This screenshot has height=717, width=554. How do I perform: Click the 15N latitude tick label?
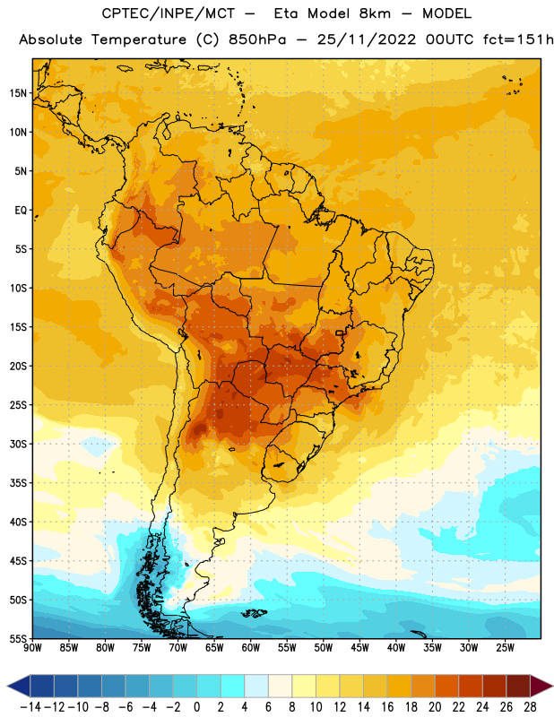(x=17, y=93)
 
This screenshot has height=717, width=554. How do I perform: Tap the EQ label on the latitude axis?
(x=21, y=211)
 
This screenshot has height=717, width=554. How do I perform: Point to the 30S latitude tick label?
(x=18, y=444)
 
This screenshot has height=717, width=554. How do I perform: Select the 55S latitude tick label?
(x=18, y=638)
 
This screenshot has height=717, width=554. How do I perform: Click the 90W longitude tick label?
(x=32, y=648)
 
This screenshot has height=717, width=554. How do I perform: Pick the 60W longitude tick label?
(x=251, y=648)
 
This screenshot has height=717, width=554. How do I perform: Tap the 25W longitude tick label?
(x=505, y=648)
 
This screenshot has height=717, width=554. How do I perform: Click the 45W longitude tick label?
(x=359, y=648)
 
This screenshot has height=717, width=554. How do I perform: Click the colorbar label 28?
(x=530, y=707)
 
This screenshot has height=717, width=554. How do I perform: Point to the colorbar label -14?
(x=30, y=707)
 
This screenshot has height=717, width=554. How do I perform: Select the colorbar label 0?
(x=196, y=707)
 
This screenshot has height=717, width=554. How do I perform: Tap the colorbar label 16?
(x=387, y=707)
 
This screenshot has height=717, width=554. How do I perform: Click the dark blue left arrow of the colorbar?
(x=19, y=686)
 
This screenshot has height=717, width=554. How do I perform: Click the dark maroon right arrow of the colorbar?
(x=541, y=686)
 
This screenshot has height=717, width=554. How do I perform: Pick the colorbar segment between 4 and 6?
(x=256, y=686)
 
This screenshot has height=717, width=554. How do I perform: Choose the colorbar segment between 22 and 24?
(x=471, y=686)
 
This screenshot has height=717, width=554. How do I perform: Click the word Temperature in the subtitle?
(x=139, y=39)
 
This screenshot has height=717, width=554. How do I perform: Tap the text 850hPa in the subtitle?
(x=257, y=39)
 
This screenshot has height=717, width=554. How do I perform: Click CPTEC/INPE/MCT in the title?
(x=169, y=13)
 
